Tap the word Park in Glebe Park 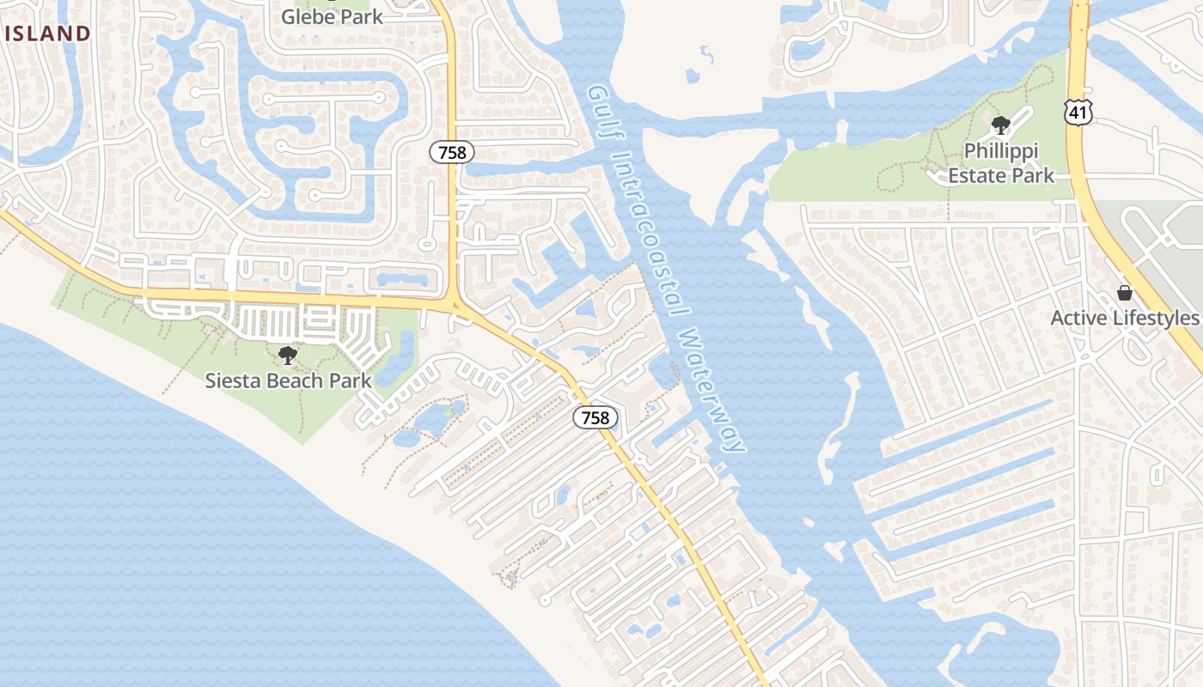pyautogui.click(x=360, y=16)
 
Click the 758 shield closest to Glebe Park pyautogui.click(x=452, y=153)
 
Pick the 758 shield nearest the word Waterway pyautogui.click(x=595, y=418)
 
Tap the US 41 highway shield pyautogui.click(x=1077, y=111)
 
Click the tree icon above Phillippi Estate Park pyautogui.click(x=1000, y=126)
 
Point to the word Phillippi pyautogui.click(x=1001, y=151)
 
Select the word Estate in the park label pyautogui.click(x=980, y=176)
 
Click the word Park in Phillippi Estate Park pyautogui.click(x=1034, y=176)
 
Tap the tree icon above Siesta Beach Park pyautogui.click(x=288, y=355)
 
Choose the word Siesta pyautogui.click(x=230, y=380)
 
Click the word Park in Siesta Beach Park pyautogui.click(x=351, y=380)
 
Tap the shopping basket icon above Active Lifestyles pyautogui.click(x=1124, y=293)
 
